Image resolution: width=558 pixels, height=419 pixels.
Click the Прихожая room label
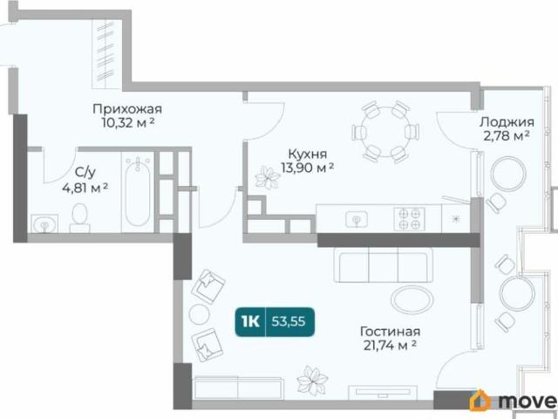[x=127, y=108]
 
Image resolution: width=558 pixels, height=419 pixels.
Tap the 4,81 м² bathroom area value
[x=85, y=188]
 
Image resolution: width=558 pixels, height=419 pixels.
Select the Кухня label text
[x=307, y=154]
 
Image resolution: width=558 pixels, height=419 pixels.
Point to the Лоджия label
[x=507, y=122]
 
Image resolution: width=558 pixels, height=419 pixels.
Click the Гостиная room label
[x=390, y=332]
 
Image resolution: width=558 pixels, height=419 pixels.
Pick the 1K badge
[x=250, y=321]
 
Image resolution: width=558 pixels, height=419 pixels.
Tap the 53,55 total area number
[x=289, y=321]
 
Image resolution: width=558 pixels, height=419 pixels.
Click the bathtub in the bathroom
[x=138, y=192]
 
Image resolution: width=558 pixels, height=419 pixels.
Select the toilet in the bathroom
[x=79, y=217]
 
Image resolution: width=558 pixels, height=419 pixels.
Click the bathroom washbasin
[x=44, y=223]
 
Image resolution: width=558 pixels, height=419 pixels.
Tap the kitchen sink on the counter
[x=357, y=219]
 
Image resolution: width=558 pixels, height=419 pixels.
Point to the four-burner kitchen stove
[x=409, y=218]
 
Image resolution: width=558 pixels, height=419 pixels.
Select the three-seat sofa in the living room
[x=384, y=265]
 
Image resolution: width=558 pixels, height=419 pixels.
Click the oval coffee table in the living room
[x=412, y=299]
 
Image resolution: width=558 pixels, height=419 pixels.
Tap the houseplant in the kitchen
[x=267, y=177]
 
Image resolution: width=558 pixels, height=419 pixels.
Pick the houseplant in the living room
[x=311, y=381]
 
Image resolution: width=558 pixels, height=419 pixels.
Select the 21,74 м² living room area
[x=390, y=346]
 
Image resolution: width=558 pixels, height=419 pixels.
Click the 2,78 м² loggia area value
[x=507, y=136]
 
